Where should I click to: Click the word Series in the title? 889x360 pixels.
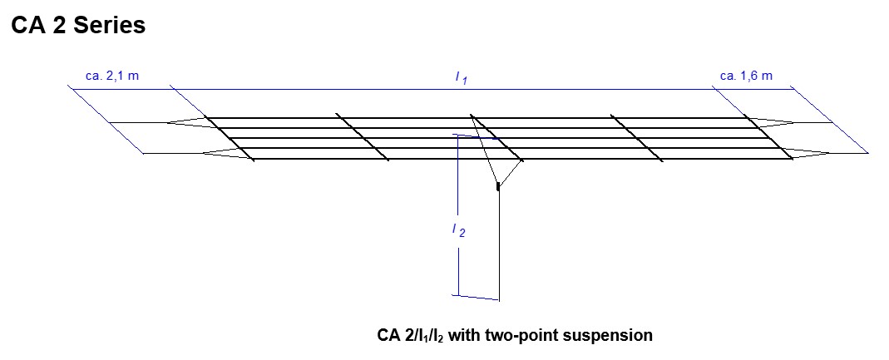(x=109, y=26)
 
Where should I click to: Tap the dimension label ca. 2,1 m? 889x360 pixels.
(x=112, y=76)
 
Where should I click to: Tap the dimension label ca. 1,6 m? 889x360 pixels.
(x=746, y=76)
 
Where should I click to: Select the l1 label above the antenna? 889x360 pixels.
(x=460, y=77)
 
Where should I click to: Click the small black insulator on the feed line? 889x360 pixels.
(x=497, y=186)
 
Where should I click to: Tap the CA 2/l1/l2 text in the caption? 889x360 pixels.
(x=415, y=336)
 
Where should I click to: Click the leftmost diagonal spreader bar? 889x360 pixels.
(x=230, y=139)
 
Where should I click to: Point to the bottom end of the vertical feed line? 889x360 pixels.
(x=499, y=298)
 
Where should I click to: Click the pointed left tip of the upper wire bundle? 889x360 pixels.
(x=169, y=123)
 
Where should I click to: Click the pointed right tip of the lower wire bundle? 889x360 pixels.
(x=828, y=153)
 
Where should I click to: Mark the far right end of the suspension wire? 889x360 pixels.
(x=867, y=153)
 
